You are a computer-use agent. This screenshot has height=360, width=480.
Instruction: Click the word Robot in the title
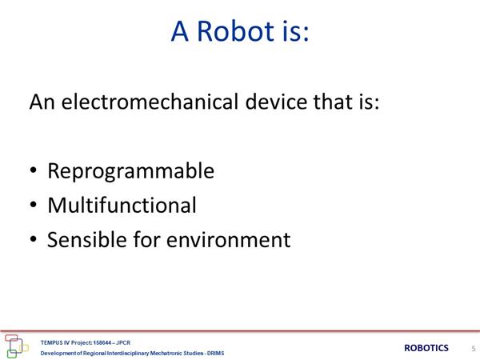point(235,31)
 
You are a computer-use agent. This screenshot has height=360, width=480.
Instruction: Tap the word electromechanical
point(150,102)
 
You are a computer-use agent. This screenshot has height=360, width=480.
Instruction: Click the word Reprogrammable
point(130,171)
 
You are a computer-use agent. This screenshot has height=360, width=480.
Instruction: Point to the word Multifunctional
point(122,205)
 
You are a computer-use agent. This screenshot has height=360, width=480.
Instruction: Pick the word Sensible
point(86,239)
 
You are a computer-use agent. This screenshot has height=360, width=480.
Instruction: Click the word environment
point(228,240)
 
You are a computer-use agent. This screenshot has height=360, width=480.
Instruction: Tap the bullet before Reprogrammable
point(34,170)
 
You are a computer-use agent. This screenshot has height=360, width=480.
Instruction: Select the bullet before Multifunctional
point(34,205)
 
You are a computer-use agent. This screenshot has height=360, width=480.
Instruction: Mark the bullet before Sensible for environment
point(34,238)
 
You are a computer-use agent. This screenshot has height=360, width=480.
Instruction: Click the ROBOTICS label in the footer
point(426,348)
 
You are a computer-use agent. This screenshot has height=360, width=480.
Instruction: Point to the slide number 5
point(474,348)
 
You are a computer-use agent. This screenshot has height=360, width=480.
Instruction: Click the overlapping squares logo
point(17,346)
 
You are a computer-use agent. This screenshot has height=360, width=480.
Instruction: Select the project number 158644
point(102,342)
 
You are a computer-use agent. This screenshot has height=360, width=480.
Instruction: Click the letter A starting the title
point(179,31)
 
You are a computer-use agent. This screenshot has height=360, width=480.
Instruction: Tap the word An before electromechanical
point(42,102)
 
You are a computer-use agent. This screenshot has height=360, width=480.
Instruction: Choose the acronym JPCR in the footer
point(123,342)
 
